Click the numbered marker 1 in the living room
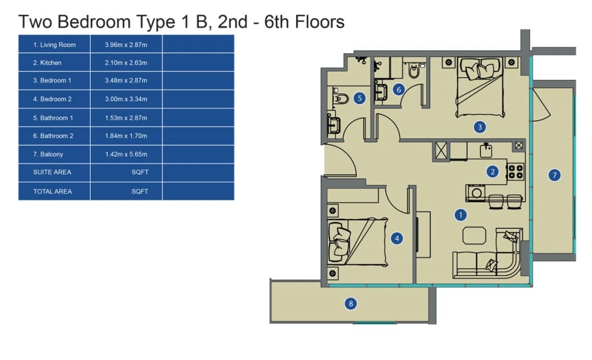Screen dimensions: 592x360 [460, 215]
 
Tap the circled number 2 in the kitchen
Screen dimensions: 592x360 [493, 172]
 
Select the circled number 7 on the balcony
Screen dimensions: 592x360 [554, 175]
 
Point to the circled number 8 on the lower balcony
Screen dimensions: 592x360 [351, 303]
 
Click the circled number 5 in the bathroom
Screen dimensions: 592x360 [360, 98]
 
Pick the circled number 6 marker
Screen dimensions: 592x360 [399, 90]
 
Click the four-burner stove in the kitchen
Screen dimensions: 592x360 [515, 171]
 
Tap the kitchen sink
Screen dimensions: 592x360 [486, 150]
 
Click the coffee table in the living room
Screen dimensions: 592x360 [474, 235]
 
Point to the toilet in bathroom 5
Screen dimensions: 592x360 [340, 98]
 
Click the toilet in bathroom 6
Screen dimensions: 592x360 [414, 70]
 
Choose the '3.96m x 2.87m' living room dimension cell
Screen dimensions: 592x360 [126, 44]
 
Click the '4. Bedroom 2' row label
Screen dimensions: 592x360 [52, 99]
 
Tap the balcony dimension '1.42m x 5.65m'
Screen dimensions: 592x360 [126, 154]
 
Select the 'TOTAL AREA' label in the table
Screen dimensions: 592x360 [53, 191]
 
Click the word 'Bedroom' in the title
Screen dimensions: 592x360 [94, 21]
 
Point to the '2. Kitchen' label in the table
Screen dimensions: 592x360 [47, 62]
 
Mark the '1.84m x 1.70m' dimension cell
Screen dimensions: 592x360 [126, 136]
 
